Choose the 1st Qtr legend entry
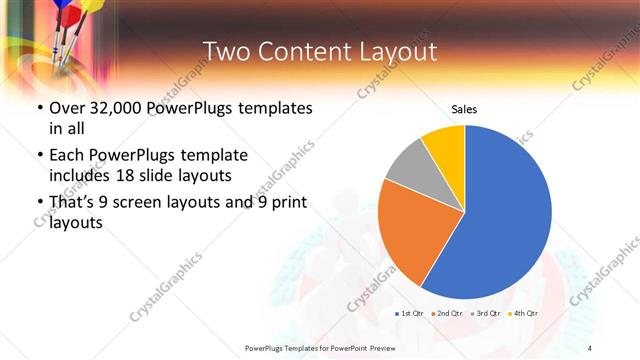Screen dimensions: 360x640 point(408,314)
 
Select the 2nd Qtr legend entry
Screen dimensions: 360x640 point(447,314)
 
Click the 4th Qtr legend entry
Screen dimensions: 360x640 point(524,314)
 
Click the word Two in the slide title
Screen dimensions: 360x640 point(224,51)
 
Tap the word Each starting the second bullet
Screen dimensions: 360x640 point(69,156)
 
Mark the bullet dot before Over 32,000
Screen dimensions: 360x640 point(39,109)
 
